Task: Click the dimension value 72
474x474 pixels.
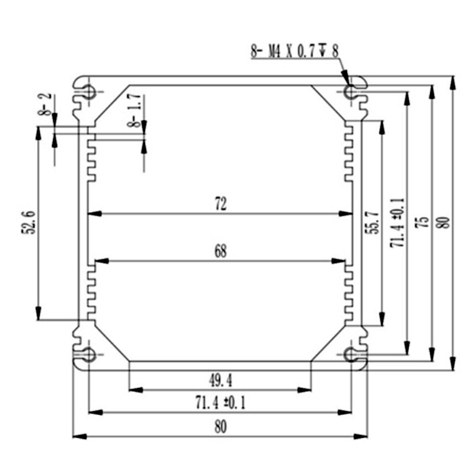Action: click(220, 204)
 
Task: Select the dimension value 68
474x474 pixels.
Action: click(220, 251)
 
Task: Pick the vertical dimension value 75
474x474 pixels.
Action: click(423, 223)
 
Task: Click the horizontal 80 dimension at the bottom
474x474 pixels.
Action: click(220, 427)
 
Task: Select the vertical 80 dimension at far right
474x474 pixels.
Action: click(445, 223)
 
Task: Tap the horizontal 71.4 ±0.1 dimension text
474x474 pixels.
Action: click(220, 403)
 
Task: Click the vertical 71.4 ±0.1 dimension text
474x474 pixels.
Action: click(398, 223)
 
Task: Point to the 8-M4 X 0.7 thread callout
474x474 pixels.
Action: click(294, 52)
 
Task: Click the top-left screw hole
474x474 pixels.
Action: click(89, 92)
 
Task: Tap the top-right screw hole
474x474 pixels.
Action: click(351, 92)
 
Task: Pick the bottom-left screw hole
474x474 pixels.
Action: click(89, 355)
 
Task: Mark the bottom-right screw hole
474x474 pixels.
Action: click(351, 355)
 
